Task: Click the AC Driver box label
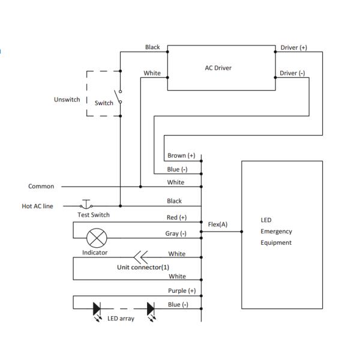point(218,68)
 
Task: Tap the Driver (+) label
point(294,47)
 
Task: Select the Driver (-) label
point(292,73)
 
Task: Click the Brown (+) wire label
point(181,156)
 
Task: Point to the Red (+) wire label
point(176,217)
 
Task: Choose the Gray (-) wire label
point(176,233)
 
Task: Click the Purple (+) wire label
point(182,291)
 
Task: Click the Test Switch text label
point(94,215)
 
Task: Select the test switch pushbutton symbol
point(86,204)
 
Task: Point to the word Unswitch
point(67,100)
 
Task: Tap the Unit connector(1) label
point(143,267)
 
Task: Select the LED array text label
point(121,319)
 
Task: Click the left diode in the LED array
point(97,308)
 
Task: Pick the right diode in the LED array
point(151,308)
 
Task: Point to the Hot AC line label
point(37,206)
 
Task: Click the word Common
point(41,187)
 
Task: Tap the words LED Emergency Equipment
point(276,232)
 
